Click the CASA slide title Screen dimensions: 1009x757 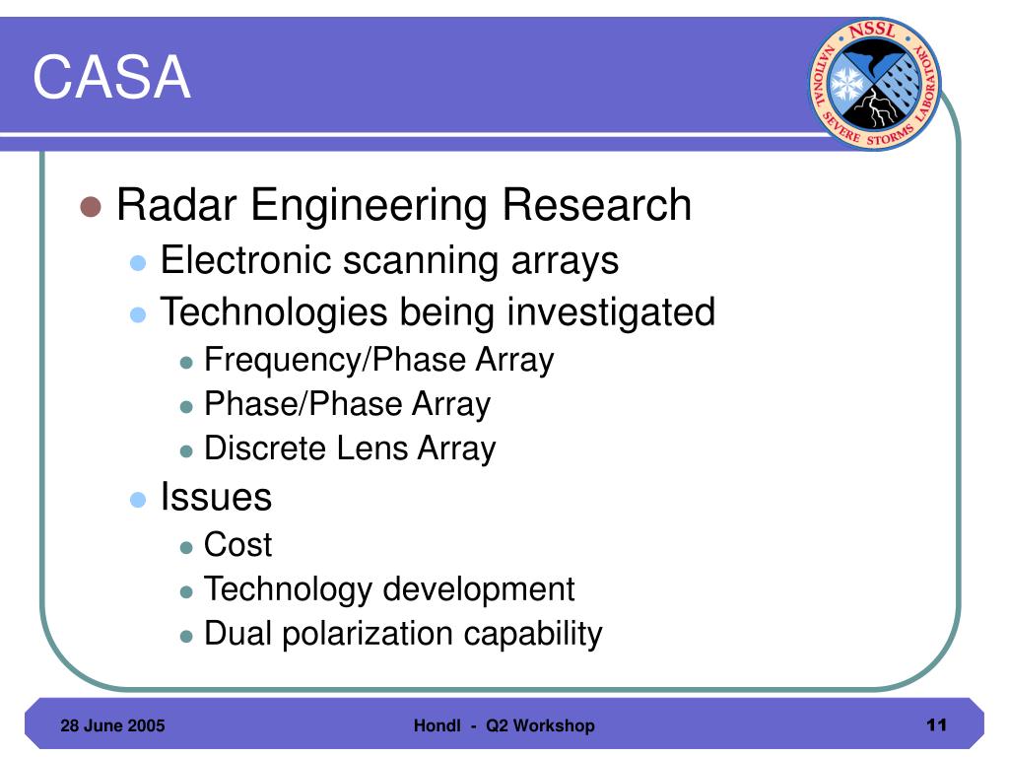(112, 77)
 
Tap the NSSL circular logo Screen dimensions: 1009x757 (875, 84)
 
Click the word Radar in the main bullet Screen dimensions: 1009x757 (176, 205)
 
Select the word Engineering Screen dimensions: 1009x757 (369, 206)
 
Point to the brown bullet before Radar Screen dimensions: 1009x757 (91, 206)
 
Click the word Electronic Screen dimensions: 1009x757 (245, 260)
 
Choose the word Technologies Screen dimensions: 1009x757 (274, 312)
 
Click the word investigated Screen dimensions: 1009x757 (611, 312)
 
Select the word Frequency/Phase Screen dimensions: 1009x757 (335, 360)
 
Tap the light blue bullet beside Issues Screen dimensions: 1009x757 (138, 500)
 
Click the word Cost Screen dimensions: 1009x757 (237, 544)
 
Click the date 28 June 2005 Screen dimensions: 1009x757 (112, 725)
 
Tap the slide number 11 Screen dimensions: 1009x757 (937, 724)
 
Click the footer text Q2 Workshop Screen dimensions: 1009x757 (540, 726)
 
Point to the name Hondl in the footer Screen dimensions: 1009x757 (437, 725)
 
